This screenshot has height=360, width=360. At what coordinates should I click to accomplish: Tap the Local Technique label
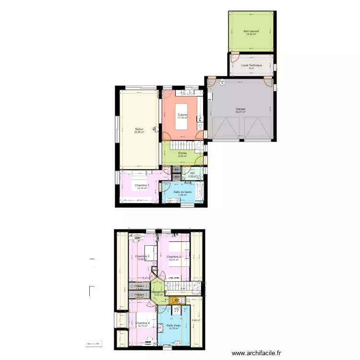pyautogui.click(x=252, y=65)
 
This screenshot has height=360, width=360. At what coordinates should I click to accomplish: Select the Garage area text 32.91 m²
pyautogui.click(x=240, y=112)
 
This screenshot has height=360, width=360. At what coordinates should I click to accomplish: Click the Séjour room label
pyautogui.click(x=139, y=129)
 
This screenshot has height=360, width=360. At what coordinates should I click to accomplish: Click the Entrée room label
pyautogui.click(x=182, y=153)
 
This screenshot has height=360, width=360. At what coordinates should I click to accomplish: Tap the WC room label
pyautogui.click(x=192, y=173)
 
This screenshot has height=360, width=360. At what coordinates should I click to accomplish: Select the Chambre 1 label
pyautogui.click(x=142, y=185)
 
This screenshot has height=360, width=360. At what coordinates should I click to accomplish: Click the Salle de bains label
pyautogui.click(x=182, y=192)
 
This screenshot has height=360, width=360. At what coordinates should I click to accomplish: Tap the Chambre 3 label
pyautogui.click(x=142, y=256)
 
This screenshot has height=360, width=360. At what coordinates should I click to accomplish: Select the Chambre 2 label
pyautogui.click(x=174, y=257)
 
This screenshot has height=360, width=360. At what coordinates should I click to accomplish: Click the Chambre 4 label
pyautogui.click(x=142, y=323)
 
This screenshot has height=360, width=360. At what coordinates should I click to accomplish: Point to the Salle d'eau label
pyautogui.click(x=174, y=325)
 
